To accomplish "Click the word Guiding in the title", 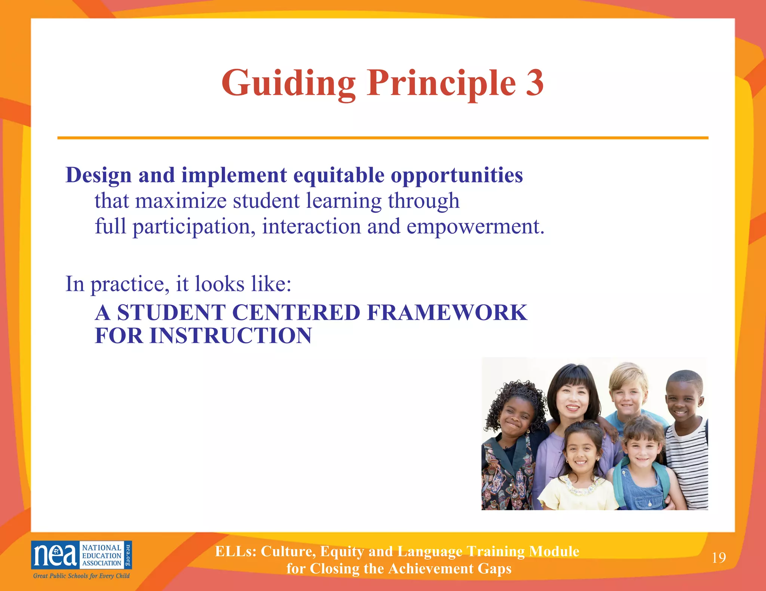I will [288, 84].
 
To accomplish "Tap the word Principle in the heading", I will [441, 84].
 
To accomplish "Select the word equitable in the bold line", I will [338, 175].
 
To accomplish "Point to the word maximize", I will [181, 201].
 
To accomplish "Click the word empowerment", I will [475, 227].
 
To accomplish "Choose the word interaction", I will [311, 227].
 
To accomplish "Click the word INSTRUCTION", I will [231, 335].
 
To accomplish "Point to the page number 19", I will [718, 558].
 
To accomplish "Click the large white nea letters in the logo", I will [55, 555].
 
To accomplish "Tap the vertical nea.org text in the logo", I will [128, 555].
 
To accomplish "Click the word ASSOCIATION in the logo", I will [102, 563].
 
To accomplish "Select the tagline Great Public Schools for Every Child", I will [81, 576].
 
